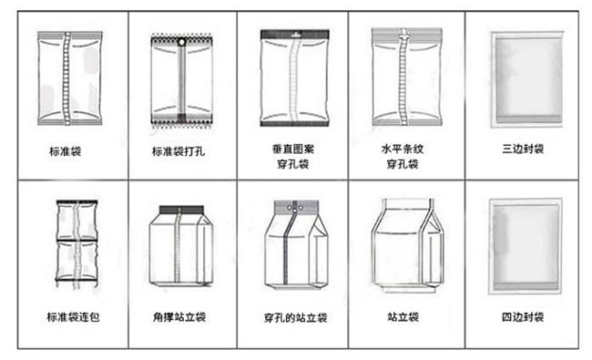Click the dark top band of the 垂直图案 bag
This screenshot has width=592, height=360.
tap(293, 35)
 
